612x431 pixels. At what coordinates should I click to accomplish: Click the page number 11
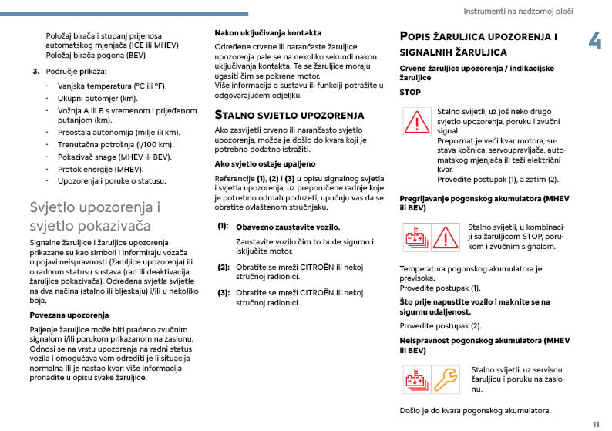click(x=596, y=424)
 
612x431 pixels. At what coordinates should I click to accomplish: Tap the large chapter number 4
click(x=595, y=40)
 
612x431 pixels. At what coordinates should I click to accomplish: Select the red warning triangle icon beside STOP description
click(x=417, y=123)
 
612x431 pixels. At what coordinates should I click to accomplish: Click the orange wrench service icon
click(x=445, y=379)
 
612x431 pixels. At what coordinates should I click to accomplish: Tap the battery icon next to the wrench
click(x=417, y=379)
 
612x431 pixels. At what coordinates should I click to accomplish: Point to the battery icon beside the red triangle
click(x=416, y=237)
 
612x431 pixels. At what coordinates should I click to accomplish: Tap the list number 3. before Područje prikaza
click(x=35, y=72)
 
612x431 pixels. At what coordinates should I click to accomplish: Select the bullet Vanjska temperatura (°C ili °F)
click(x=110, y=86)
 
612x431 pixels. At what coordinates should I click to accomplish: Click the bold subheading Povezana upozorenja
click(x=69, y=315)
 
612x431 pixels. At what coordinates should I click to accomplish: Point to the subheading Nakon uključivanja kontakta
click(x=267, y=33)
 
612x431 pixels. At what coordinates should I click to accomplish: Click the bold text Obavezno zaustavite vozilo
click(x=288, y=227)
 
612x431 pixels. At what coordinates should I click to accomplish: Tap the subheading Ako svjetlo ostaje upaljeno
click(x=264, y=164)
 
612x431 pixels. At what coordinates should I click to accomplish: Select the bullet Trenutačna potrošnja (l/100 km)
click(x=114, y=144)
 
